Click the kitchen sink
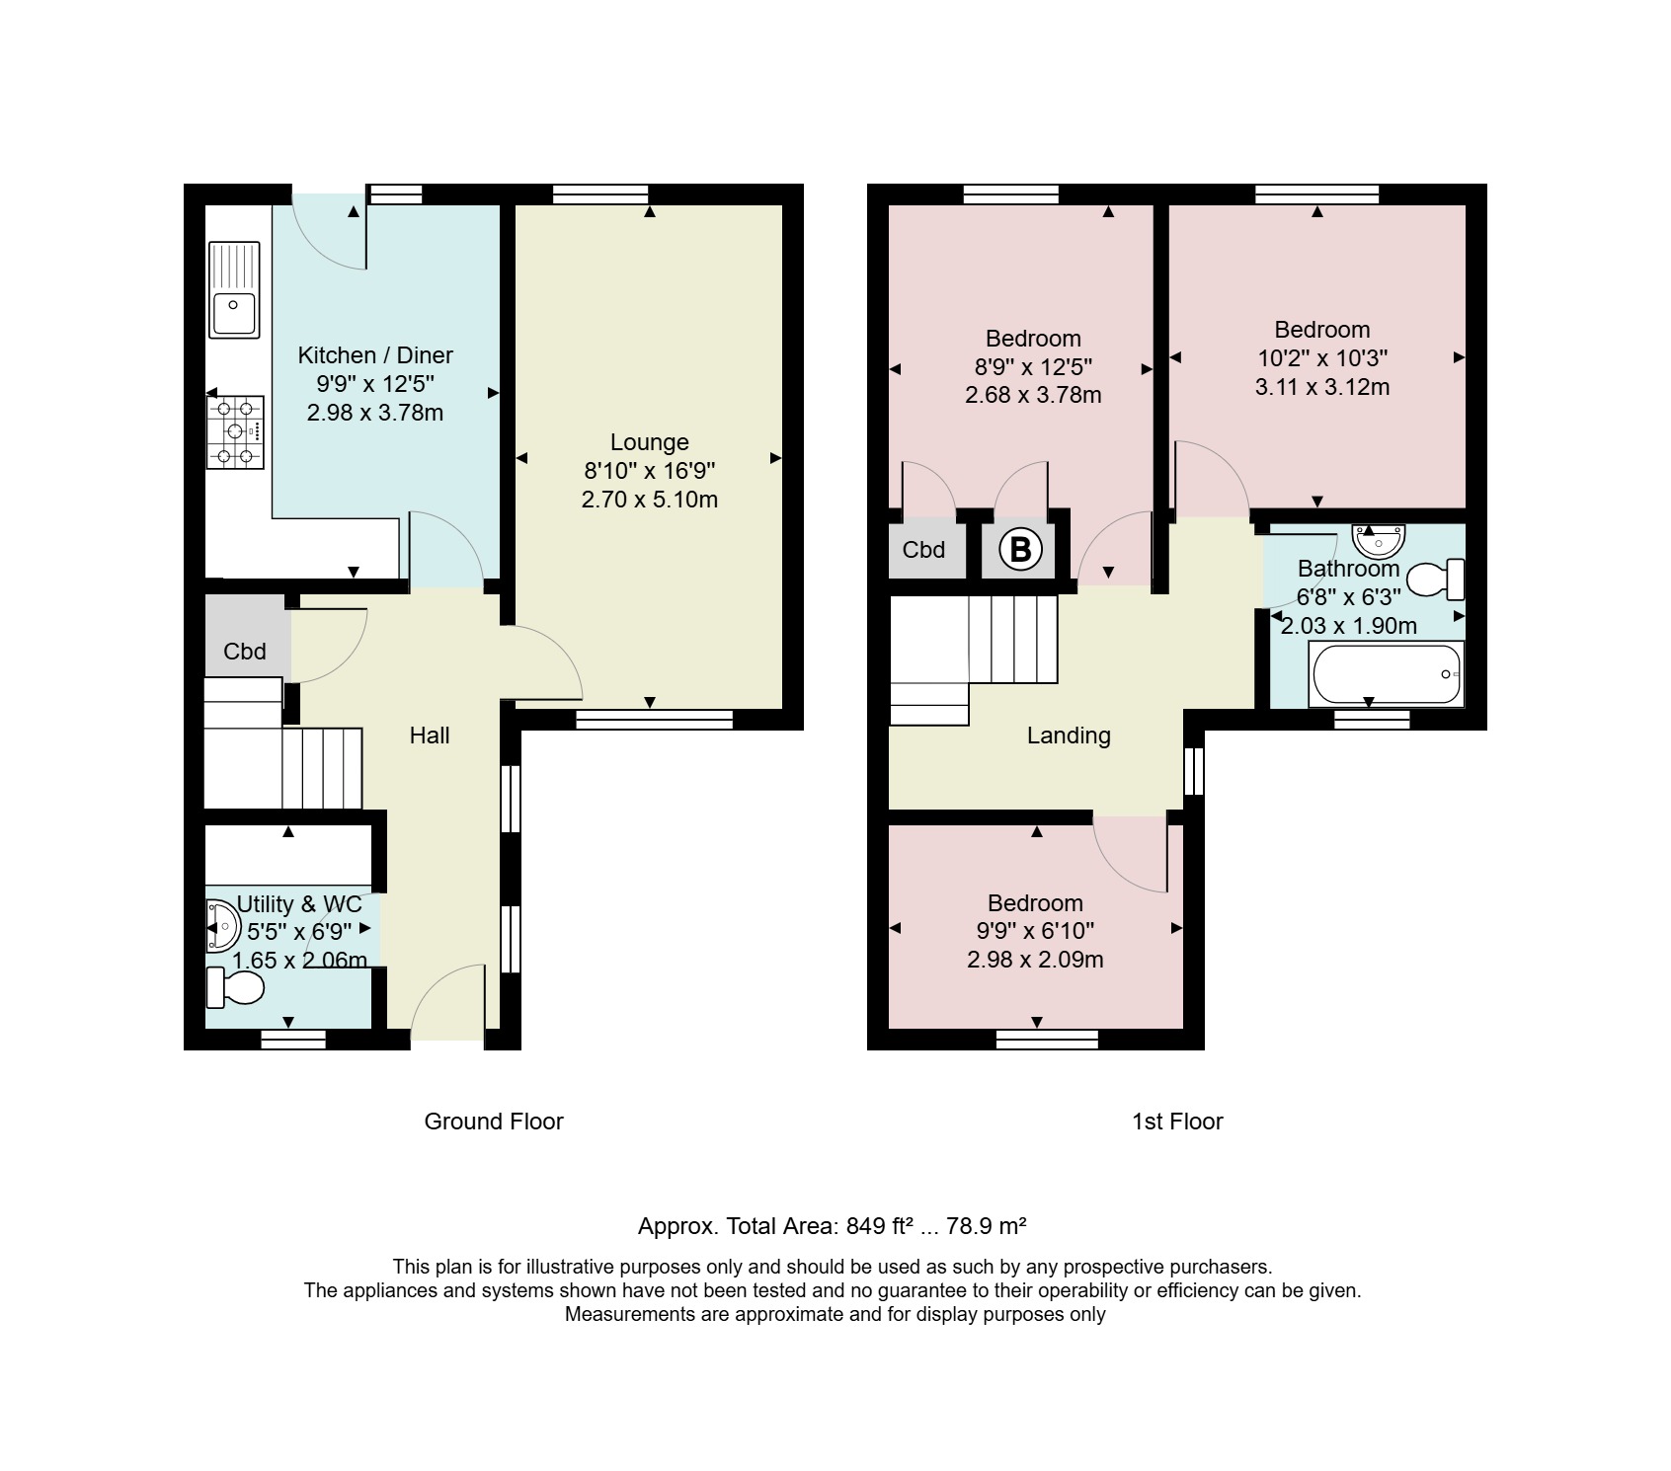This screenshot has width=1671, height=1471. coord(234,289)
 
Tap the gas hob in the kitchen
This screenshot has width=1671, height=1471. coord(235,431)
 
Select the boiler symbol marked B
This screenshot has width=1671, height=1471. coord(1020,549)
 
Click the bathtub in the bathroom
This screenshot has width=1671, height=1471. coord(1386,674)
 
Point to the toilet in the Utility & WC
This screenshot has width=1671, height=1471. coord(235,987)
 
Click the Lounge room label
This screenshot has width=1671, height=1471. coord(650,442)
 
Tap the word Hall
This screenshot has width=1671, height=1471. coord(430,735)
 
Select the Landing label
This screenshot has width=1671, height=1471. coord(1069,735)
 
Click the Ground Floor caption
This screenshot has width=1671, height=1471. coord(494,1122)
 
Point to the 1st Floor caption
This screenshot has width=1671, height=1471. coord(1177,1122)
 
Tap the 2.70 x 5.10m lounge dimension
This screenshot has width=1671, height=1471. coord(650,500)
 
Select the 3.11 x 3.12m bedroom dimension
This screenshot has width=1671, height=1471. coord(1322,387)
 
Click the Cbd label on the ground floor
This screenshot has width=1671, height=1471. coord(245,652)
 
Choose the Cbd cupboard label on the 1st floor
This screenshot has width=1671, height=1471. coord(923,550)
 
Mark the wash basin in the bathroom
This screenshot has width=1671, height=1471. coord(1379,541)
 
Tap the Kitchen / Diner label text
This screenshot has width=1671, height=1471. coord(375,355)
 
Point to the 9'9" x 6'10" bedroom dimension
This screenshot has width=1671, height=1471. coord(1035,931)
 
